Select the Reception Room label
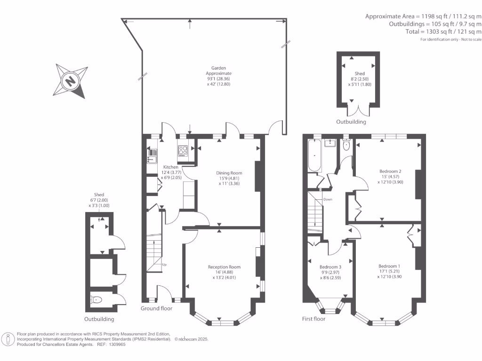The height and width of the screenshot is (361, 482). click(224, 267)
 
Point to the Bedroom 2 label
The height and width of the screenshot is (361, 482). click(390, 171)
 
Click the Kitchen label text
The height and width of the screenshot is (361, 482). click(170, 167)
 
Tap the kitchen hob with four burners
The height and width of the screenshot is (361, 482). click(183, 151)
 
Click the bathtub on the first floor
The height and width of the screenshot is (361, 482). click(314, 156)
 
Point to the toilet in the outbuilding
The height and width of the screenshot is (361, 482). click(97, 299)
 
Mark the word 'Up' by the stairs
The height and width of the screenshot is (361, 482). click(164, 265)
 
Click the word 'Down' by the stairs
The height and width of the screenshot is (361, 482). click(328, 200)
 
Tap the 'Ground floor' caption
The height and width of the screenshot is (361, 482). click(157, 308)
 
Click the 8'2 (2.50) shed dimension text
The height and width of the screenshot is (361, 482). click(360, 79)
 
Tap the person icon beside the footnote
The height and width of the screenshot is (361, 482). click(8, 339)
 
